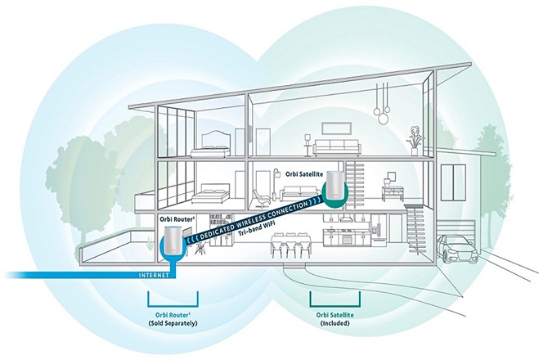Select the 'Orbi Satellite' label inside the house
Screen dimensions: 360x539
point(304,174)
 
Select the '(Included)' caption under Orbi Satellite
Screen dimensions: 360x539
point(332,323)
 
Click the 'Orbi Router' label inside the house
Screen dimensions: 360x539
point(174,219)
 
